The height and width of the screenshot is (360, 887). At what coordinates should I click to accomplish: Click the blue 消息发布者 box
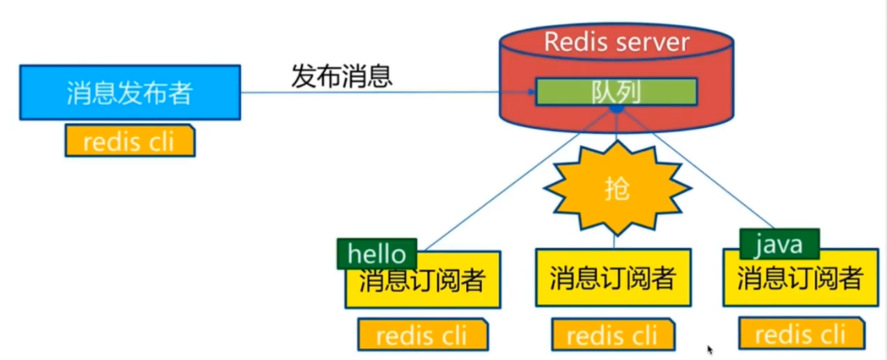(129, 93)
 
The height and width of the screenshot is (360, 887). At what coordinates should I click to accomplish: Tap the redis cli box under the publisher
(129, 141)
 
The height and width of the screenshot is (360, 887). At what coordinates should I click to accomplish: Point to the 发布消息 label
(341, 76)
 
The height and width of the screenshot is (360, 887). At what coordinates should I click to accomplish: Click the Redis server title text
(616, 42)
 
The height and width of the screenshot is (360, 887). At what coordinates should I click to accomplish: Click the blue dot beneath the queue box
(616, 108)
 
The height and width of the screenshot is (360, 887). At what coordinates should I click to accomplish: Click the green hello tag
(377, 253)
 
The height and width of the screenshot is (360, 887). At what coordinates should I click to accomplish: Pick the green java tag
(779, 242)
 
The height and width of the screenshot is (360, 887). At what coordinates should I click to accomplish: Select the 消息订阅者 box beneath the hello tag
(423, 281)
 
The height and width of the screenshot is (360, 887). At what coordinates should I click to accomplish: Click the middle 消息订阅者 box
(613, 279)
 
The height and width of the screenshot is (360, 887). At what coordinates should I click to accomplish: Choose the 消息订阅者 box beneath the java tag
(800, 279)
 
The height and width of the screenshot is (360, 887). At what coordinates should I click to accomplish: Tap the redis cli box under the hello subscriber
(423, 334)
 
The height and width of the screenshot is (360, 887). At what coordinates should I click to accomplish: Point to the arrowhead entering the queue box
(531, 92)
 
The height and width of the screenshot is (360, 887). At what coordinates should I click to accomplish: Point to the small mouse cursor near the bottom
(710, 350)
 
